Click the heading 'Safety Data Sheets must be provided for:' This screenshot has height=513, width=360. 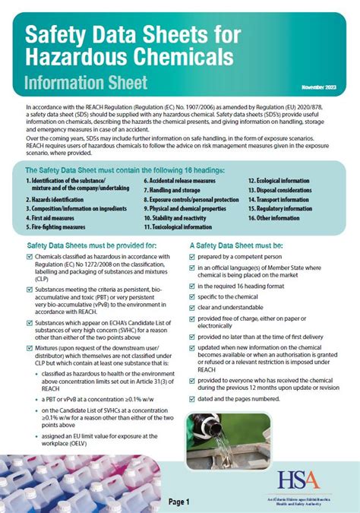coord(92,245)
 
